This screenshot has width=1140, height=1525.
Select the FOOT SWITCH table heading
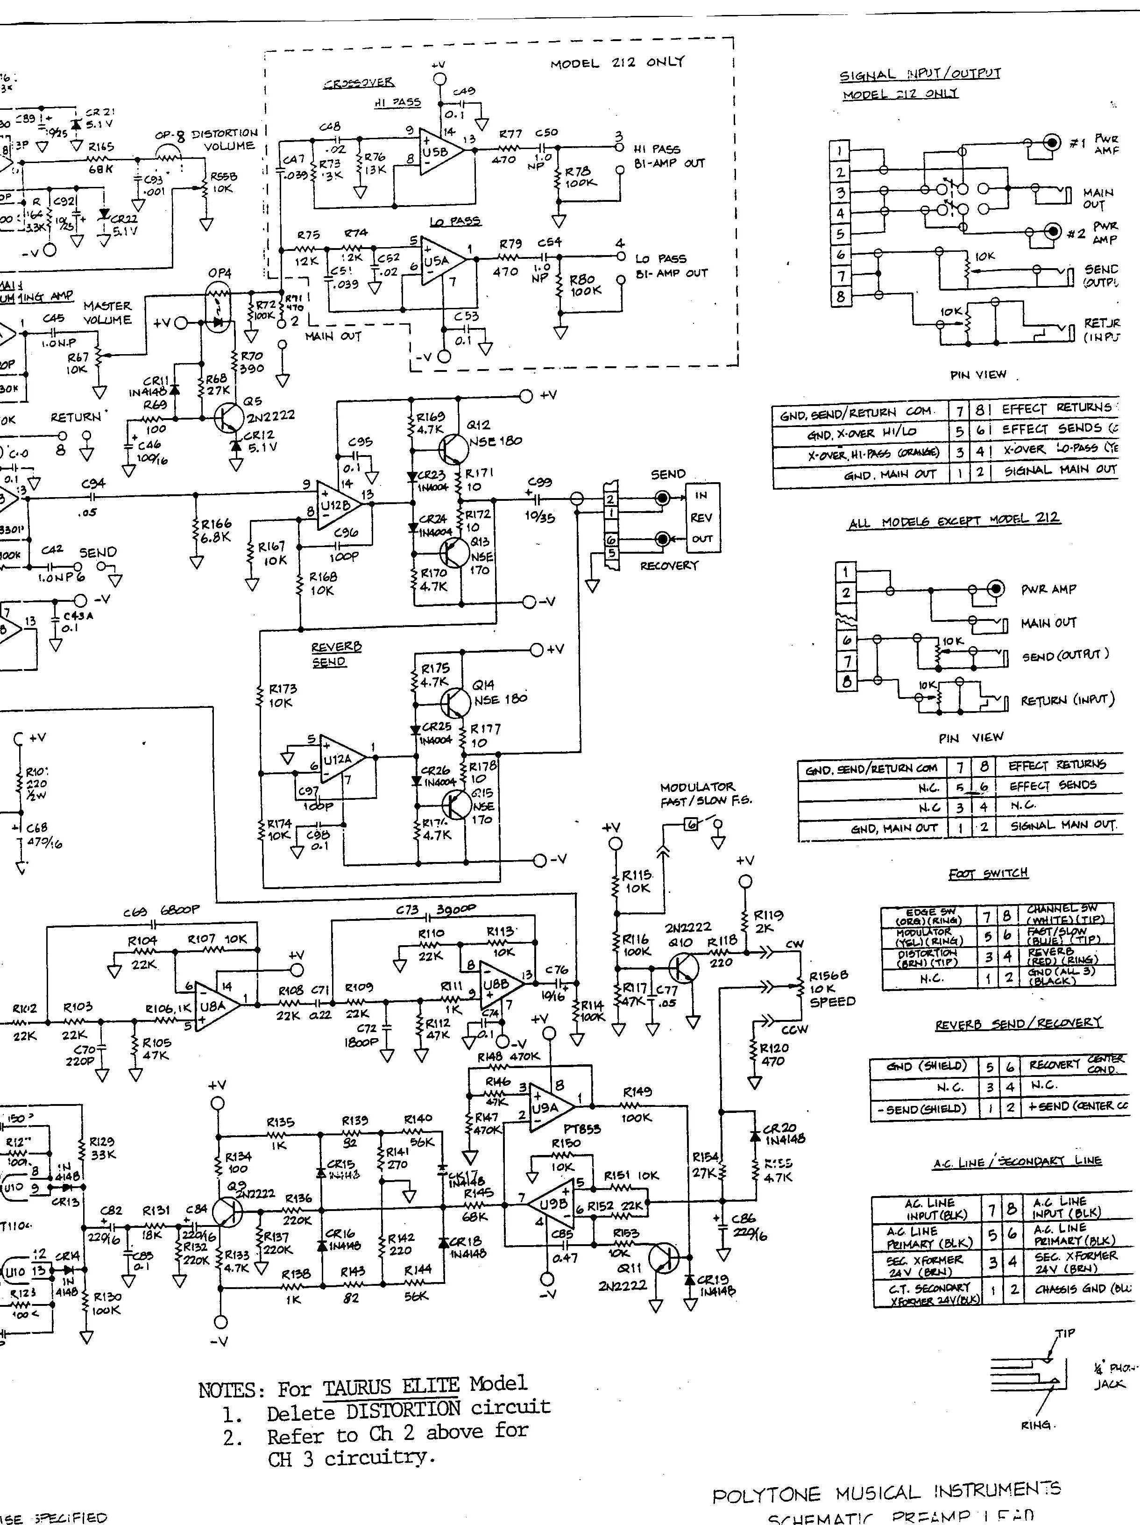pos(988,874)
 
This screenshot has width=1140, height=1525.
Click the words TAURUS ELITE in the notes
pos(391,1384)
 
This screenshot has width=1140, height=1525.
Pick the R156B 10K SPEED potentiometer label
pos(829,988)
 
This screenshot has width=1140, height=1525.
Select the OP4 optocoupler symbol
pos(219,309)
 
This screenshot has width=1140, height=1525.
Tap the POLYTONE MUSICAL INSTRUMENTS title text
pos(886,1493)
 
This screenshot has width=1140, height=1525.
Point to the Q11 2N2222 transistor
pos(663,1258)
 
